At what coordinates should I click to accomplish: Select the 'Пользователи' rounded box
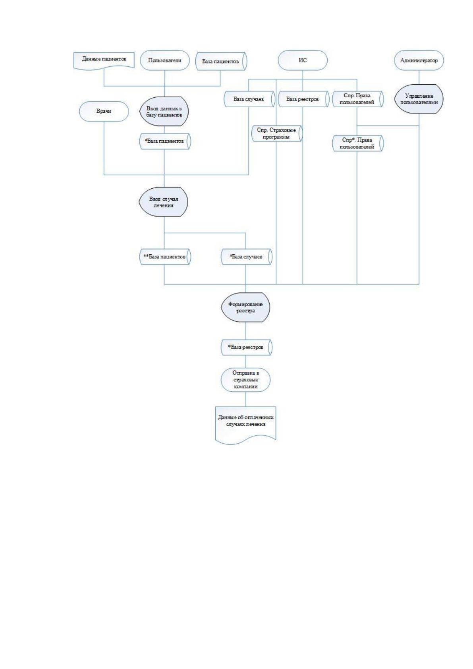[165, 60]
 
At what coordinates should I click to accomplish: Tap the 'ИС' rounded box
[303, 60]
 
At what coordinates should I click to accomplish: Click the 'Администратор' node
[419, 60]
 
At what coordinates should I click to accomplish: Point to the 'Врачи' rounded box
[104, 111]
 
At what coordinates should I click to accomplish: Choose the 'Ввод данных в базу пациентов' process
[164, 111]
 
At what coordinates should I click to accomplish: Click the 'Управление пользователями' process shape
[419, 99]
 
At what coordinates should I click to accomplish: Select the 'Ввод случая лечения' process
[164, 202]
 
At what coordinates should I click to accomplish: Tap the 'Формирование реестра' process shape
[245, 307]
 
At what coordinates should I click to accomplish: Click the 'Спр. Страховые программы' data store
[277, 133]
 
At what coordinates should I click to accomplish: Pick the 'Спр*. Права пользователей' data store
[357, 143]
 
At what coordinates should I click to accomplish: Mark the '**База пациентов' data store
[165, 257]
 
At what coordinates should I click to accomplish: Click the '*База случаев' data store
[246, 257]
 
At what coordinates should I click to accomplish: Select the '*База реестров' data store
[246, 347]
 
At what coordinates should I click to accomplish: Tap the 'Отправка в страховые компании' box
[245, 380]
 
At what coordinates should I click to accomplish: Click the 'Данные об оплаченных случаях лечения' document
[245, 425]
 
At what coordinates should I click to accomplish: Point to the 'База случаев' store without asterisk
[249, 99]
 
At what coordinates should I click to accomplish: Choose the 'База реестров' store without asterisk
[303, 99]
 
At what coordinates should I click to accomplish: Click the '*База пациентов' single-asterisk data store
[165, 141]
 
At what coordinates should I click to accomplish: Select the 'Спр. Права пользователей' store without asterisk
[357, 99]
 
